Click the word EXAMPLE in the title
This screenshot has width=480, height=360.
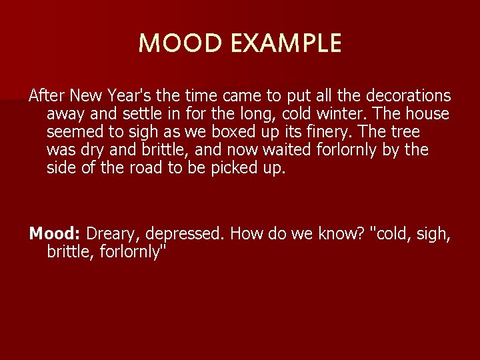click(288, 44)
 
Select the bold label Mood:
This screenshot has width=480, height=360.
click(55, 234)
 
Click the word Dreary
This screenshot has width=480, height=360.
click(111, 234)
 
